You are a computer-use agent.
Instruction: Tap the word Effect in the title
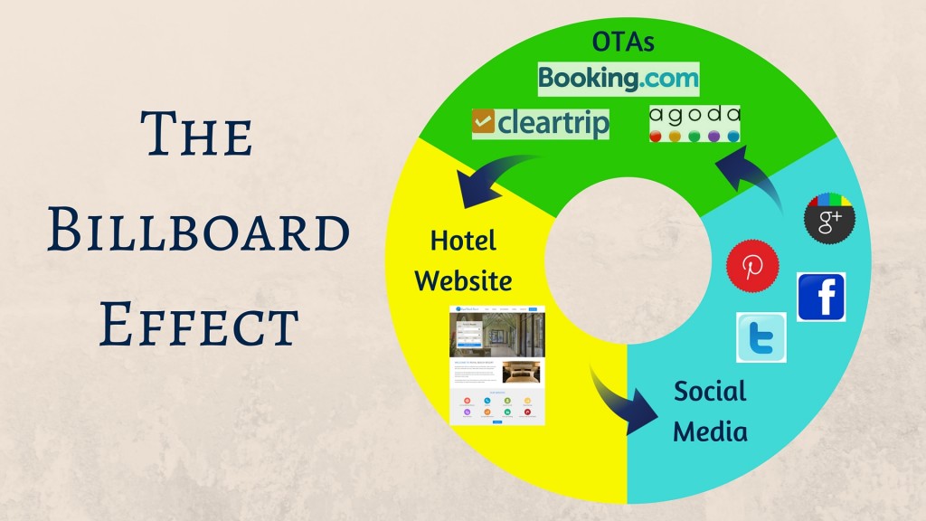click(198, 323)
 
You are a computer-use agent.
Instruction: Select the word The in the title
click(198, 137)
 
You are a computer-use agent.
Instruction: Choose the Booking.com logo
click(619, 78)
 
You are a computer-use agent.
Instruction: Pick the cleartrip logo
click(541, 122)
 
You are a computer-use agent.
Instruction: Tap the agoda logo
click(694, 124)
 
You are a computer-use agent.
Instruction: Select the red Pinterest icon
click(751, 266)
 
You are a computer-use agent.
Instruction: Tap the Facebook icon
click(821, 297)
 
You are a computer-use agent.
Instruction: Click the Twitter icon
click(761, 337)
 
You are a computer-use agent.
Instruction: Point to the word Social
click(710, 392)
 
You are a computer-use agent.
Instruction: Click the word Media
click(710, 431)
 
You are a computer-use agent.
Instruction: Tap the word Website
click(463, 280)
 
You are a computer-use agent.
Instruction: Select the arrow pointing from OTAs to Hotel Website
click(493, 175)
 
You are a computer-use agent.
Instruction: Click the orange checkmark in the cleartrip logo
click(483, 122)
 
